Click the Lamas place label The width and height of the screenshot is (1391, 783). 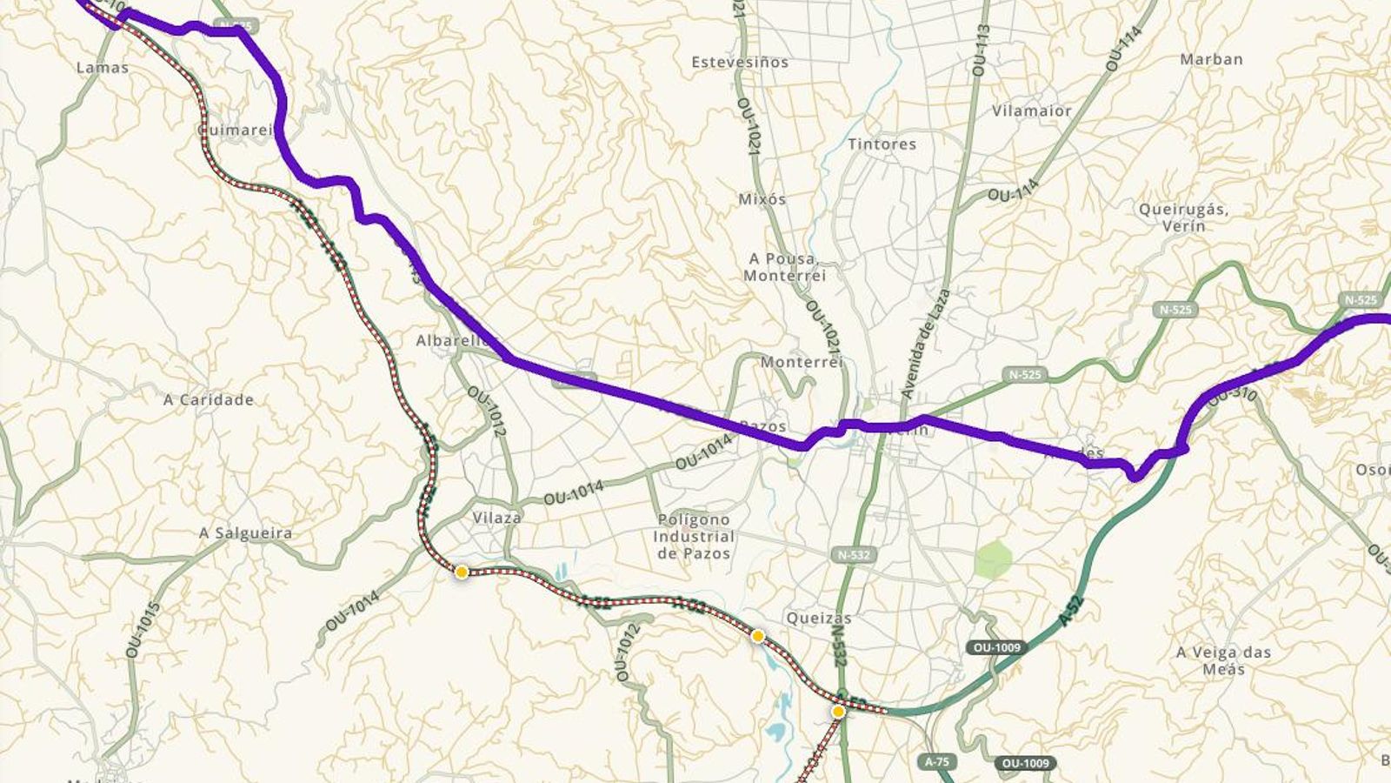tap(103, 68)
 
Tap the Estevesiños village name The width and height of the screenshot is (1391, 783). tap(740, 63)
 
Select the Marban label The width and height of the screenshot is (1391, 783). tap(1211, 60)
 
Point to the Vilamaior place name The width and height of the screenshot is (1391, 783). tap(1032, 111)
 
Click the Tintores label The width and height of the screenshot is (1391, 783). tap(882, 144)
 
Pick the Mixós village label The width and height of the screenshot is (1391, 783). tap(762, 199)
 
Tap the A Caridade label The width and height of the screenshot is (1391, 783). tap(209, 400)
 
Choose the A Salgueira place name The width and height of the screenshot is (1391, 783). tap(246, 533)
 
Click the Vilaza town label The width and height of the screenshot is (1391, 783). tap(496, 518)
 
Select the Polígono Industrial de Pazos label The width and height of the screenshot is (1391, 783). tap(693, 536)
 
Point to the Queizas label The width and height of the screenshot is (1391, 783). tap(818, 619)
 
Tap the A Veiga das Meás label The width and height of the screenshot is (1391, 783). tap(1223, 660)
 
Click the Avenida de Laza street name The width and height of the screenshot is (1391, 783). tap(926, 345)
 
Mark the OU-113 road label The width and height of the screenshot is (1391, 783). tap(982, 50)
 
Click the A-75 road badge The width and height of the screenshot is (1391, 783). tap(936, 762)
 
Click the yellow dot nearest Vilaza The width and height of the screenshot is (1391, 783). tap(462, 572)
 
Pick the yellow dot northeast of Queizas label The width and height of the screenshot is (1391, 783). tap(757, 637)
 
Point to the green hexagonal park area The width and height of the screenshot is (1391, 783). tap(993, 559)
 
